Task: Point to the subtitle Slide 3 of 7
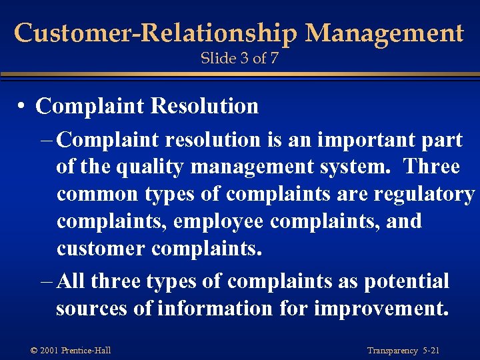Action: coord(239,59)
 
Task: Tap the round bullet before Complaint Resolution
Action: coord(23,107)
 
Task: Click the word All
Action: coord(72,281)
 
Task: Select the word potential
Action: coord(407,281)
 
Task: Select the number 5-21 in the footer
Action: coord(431,351)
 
